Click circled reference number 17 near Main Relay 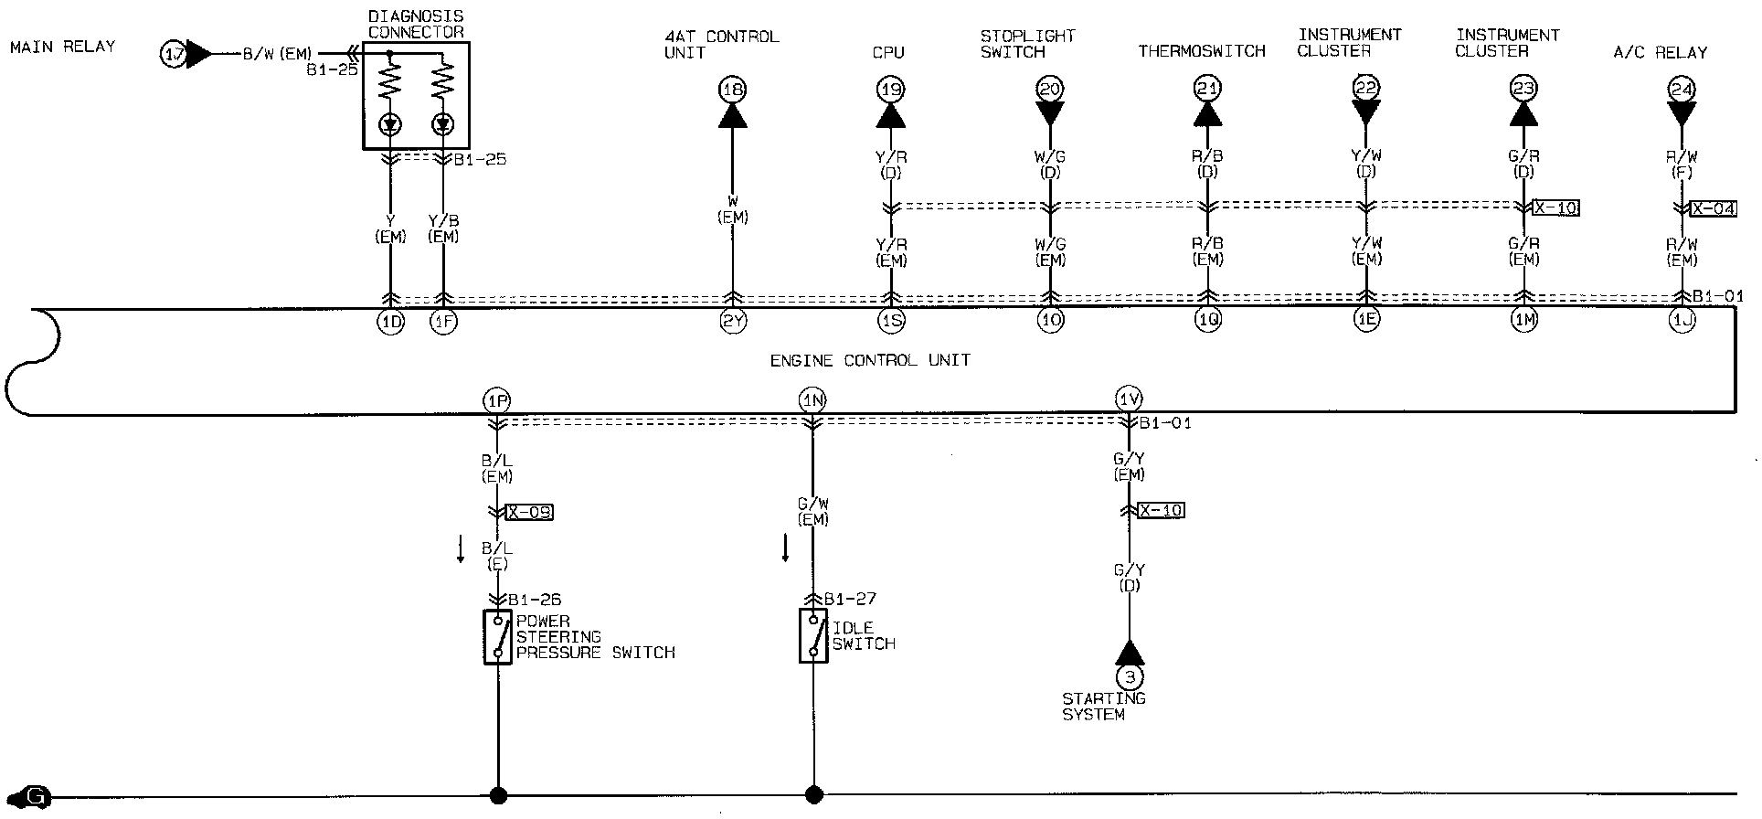coord(173,55)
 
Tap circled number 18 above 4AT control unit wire coord(733,90)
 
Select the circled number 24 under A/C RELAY coord(1681,90)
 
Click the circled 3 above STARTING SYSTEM coord(1130,677)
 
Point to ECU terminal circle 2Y coord(733,321)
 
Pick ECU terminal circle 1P coord(496,400)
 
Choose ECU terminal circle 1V coord(1129,399)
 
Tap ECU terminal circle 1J coord(1682,321)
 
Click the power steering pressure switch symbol coord(497,636)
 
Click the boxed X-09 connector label coord(529,512)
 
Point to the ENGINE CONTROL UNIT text coord(869,360)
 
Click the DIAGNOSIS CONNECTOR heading coord(416,25)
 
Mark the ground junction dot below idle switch coord(813,794)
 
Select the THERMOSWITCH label coord(1201,52)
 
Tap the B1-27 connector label coord(850,600)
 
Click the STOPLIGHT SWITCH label coord(1027,44)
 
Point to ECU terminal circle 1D coord(390,321)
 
